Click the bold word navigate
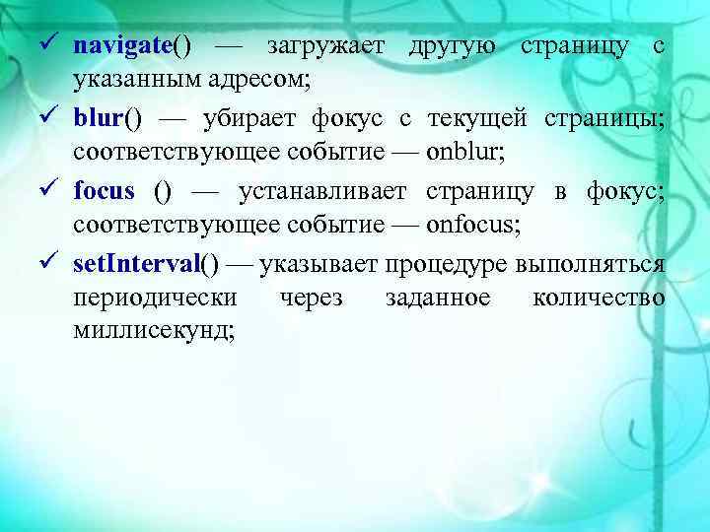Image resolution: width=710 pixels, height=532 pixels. point(122,45)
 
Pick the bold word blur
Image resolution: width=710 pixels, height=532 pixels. point(98,119)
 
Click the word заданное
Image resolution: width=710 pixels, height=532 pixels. point(438,299)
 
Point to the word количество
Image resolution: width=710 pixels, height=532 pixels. point(598,299)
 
